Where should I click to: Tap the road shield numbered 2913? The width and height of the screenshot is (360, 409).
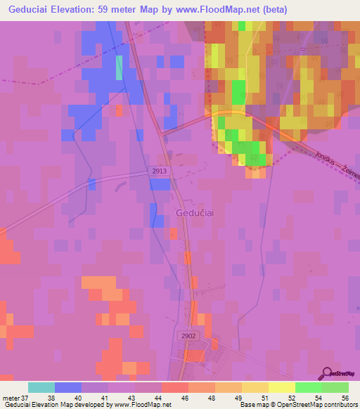pyautogui.click(x=159, y=171)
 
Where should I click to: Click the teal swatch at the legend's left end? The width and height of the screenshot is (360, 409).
pyautogui.click(x=41, y=387)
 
